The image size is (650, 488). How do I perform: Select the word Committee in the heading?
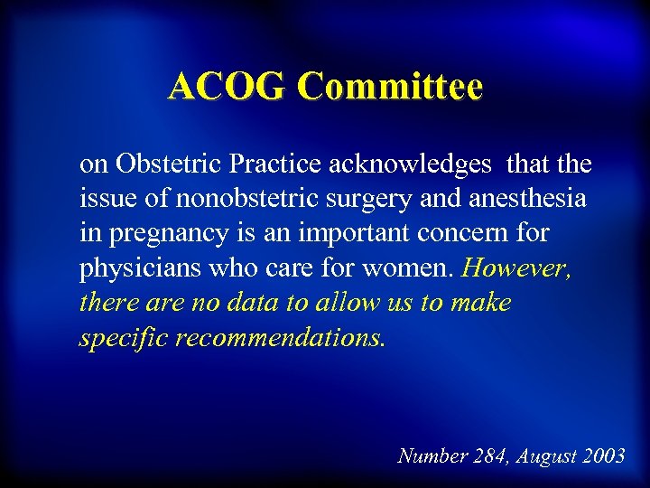pyautogui.click(x=391, y=87)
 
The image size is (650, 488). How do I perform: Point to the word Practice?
pyautogui.click(x=276, y=164)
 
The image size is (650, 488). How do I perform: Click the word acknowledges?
pyautogui.click(x=411, y=164)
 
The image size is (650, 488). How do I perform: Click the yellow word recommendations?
pyautogui.click(x=282, y=338)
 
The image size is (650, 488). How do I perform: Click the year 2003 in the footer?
pyautogui.click(x=603, y=455)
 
